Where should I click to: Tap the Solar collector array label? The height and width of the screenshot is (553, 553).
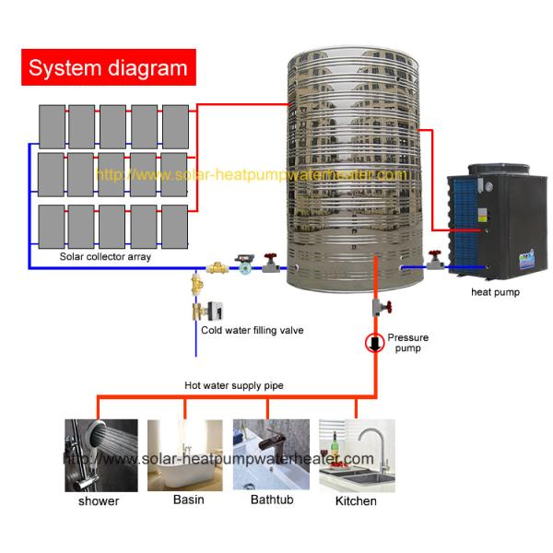pyautogui.click(x=105, y=257)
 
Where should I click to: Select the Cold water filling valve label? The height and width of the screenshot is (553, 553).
pyautogui.click(x=252, y=329)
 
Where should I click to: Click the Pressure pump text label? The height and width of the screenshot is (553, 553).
pyautogui.click(x=407, y=344)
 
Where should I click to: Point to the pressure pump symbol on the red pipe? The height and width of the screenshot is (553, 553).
pyautogui.click(x=375, y=344)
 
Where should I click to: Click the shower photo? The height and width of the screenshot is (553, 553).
pyautogui.click(x=101, y=455)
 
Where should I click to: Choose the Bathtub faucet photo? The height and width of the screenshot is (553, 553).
pyautogui.click(x=272, y=455)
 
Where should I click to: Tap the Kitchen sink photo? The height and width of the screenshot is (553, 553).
pyautogui.click(x=357, y=455)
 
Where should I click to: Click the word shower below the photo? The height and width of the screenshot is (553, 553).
pyautogui.click(x=99, y=501)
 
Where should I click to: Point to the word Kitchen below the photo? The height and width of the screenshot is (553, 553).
pyautogui.click(x=355, y=500)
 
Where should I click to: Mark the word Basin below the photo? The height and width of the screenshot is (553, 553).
pyautogui.click(x=189, y=500)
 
